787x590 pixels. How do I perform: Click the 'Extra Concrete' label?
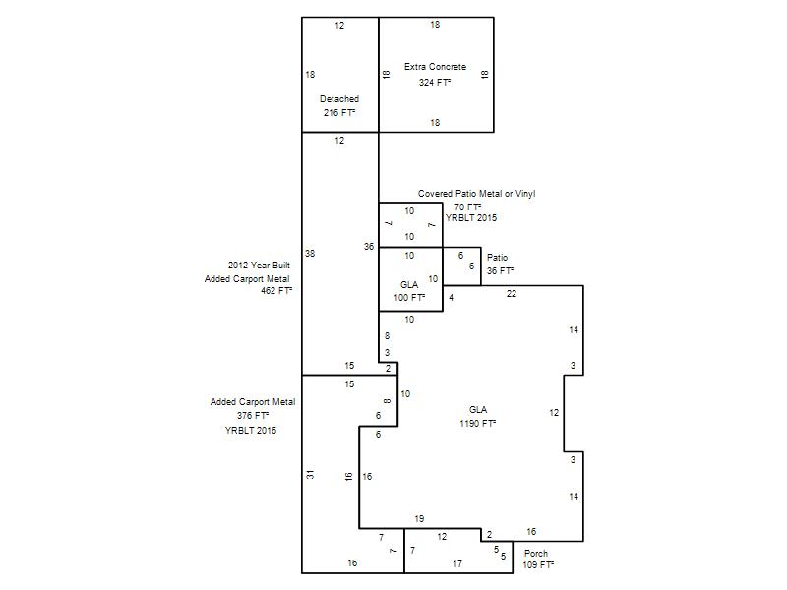coord(435,67)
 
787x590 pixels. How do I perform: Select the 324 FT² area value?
coord(435,83)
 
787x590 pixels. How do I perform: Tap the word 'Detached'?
coord(339,99)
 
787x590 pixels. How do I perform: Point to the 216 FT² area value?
coord(339,113)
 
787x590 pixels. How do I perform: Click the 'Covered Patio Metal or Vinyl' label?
coord(477,194)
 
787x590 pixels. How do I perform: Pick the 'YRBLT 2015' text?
coord(471,218)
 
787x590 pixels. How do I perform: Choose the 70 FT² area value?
coord(468,207)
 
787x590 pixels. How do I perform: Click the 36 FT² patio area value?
coord(500,271)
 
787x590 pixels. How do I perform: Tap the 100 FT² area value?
coord(409,298)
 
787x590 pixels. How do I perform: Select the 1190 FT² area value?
coord(478,424)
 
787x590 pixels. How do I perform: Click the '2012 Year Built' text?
coord(259,265)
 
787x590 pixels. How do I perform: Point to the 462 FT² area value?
coord(276,290)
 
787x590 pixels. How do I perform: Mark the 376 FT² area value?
coord(253,416)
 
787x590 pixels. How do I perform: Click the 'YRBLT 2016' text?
coord(251,431)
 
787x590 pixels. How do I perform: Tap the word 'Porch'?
coord(536,554)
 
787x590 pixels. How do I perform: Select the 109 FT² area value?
coord(538,564)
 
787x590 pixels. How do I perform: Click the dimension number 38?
coord(310,254)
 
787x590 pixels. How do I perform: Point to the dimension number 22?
coord(512,293)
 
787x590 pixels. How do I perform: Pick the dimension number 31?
coord(311,474)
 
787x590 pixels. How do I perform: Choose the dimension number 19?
coord(420,519)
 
